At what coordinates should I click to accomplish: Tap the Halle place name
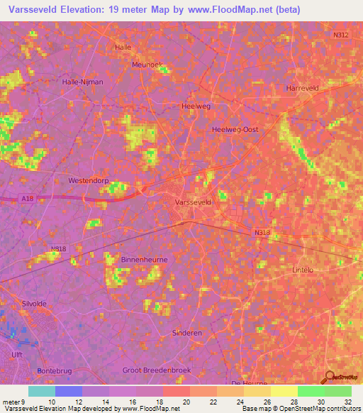click(123, 47)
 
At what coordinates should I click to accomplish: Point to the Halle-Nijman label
click(83, 82)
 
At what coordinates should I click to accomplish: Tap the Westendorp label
click(88, 181)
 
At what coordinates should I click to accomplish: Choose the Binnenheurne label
click(144, 260)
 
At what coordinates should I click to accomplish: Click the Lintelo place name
click(303, 270)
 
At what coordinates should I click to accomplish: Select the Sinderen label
click(187, 332)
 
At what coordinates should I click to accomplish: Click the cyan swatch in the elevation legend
click(41, 391)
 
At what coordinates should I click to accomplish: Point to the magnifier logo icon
click(330, 378)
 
